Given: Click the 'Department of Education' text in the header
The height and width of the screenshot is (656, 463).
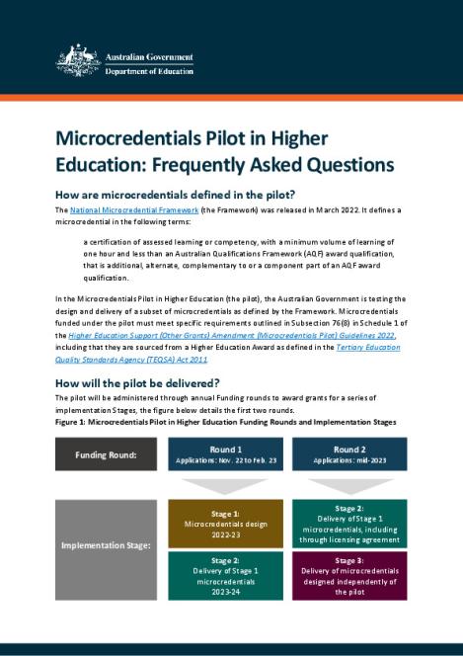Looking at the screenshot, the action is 149,71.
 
